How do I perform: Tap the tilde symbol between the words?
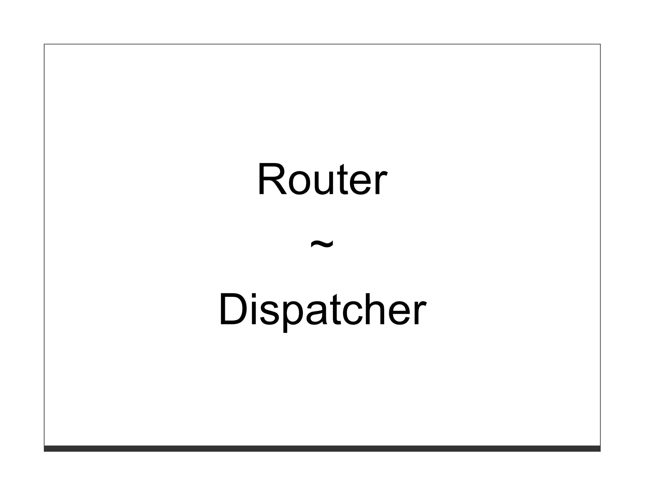pos(322,244)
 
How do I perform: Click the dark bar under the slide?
pos(322,449)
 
